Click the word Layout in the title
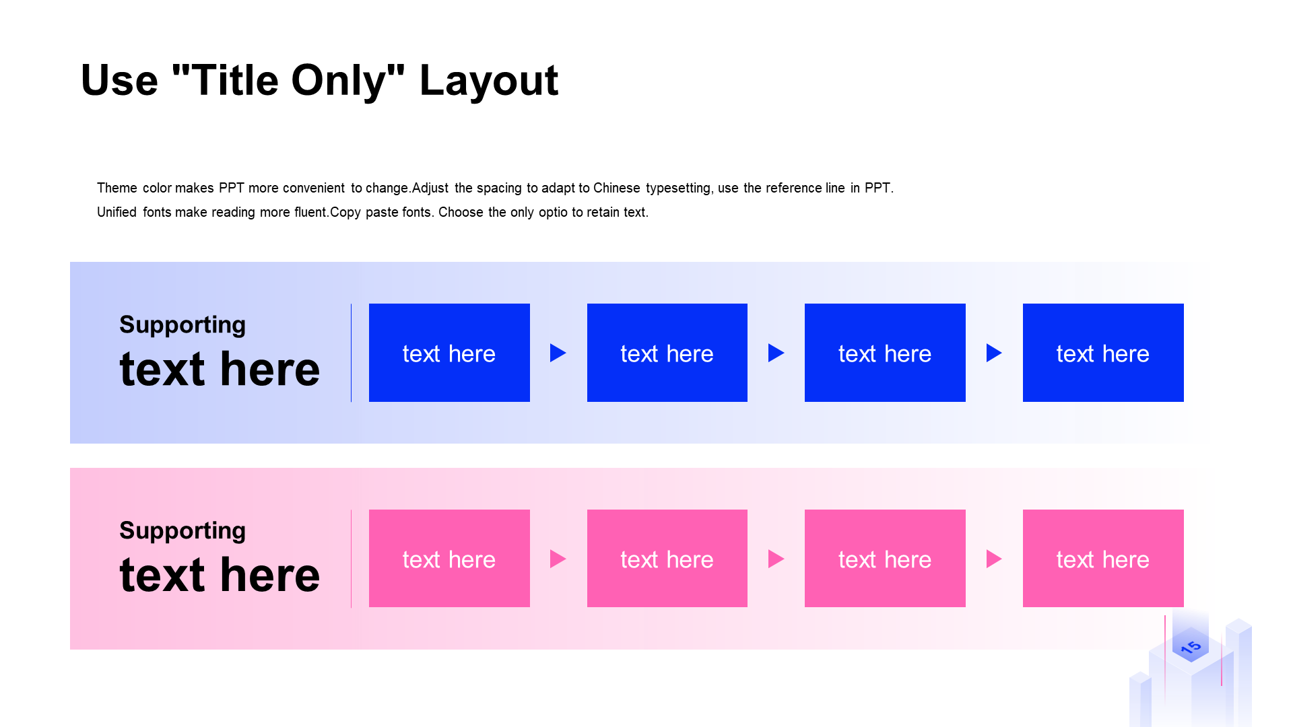coord(488,81)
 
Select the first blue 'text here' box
coord(449,353)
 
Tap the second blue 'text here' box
coord(667,353)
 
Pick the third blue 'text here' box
coord(885,353)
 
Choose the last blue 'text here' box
coord(1103,353)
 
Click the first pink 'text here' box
coord(449,559)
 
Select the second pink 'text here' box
coord(667,559)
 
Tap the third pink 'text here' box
coord(885,559)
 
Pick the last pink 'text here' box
coord(1103,559)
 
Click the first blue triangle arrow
coord(557,353)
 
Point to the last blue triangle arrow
coord(993,353)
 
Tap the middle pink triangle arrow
coord(775,559)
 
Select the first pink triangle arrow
coord(557,559)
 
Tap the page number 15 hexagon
coord(1191,646)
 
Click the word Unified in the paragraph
coord(117,212)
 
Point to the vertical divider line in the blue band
coord(351,353)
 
